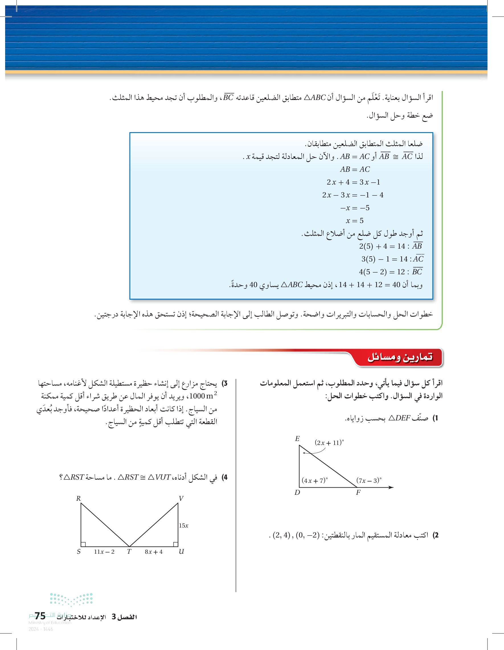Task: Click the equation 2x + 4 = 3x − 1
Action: [353, 182]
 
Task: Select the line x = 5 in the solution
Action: [354, 220]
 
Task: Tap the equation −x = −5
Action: [355, 208]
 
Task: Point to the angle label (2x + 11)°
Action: [329, 443]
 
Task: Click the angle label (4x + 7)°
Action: [314, 480]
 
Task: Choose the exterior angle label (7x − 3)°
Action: [369, 480]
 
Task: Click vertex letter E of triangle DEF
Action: [297, 439]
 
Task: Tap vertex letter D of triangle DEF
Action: [297, 492]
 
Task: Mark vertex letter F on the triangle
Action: [358, 492]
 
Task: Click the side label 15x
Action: [184, 526]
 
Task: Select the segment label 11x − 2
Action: [104, 552]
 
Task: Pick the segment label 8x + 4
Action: [153, 552]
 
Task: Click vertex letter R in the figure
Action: [79, 498]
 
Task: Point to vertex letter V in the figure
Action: [181, 498]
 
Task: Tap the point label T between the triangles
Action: [129, 552]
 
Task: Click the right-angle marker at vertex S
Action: [83, 544]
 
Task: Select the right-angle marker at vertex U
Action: [175, 544]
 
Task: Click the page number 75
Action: [40, 616]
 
